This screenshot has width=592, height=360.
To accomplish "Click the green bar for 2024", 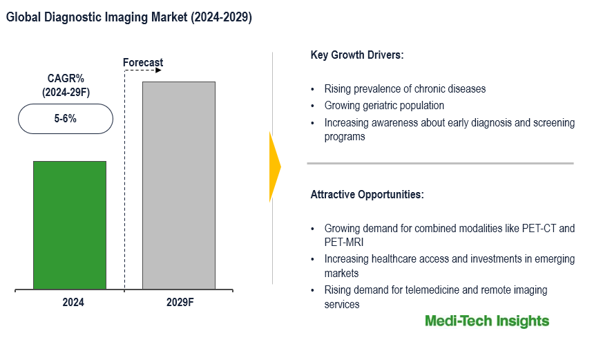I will (x=70, y=225).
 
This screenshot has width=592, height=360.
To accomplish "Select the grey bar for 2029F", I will (x=178, y=185).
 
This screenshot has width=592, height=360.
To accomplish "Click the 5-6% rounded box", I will (x=65, y=119).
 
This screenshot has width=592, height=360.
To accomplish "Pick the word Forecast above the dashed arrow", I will (x=143, y=63).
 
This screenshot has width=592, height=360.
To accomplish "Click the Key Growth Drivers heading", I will (x=357, y=55).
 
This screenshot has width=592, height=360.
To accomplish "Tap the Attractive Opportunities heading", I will (x=367, y=194).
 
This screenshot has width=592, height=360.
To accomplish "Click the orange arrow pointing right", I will (x=275, y=167).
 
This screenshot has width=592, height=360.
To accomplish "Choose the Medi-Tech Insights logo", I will (x=487, y=321).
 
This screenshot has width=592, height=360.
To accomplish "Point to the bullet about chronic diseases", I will (x=405, y=88).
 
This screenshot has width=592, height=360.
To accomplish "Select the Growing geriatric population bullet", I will (x=384, y=106).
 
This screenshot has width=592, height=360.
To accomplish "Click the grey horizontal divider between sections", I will (x=440, y=164).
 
